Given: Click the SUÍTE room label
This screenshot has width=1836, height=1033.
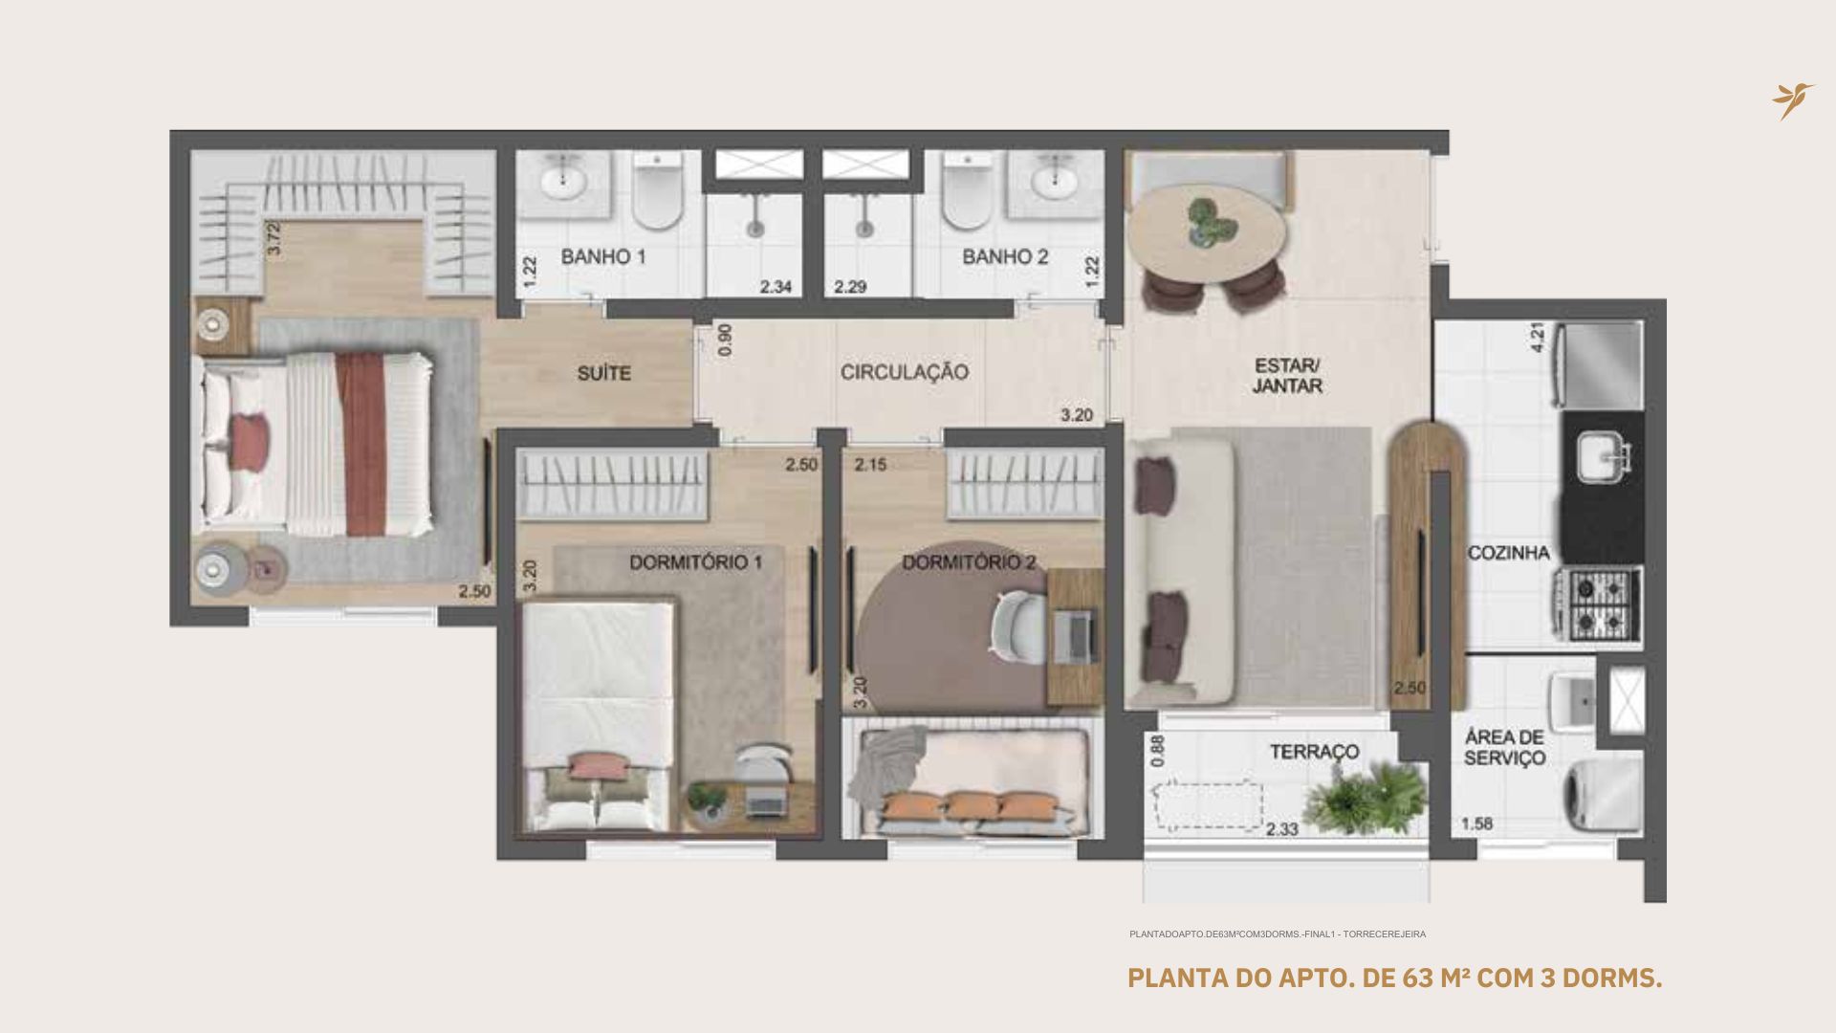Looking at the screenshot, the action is [603, 372].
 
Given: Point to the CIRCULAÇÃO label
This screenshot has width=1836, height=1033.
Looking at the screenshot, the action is [905, 372].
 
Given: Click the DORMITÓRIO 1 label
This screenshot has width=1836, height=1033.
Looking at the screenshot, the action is [695, 561].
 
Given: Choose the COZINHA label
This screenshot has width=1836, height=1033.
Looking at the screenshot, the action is [1508, 553].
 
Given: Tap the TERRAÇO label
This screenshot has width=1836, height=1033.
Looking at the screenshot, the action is [1314, 752].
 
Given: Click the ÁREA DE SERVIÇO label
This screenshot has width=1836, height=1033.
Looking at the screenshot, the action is [1505, 747].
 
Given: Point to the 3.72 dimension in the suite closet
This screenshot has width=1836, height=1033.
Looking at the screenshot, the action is [273, 238].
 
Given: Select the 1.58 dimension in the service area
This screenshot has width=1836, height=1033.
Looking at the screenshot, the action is [1476, 824].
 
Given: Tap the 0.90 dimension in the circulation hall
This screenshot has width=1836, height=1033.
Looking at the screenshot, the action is [724, 340].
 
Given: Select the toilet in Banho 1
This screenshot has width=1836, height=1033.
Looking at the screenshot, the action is [657, 194].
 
